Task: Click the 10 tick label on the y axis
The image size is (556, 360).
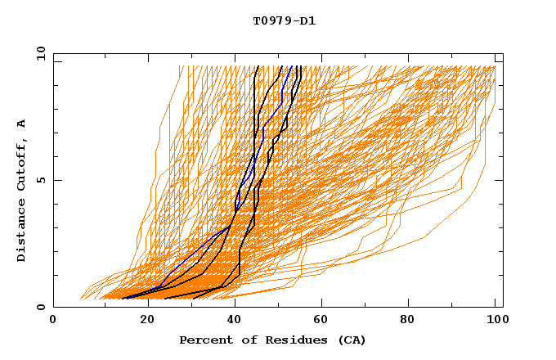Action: (40, 53)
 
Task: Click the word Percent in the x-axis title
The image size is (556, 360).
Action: (203, 340)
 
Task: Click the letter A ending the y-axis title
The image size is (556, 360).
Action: (22, 124)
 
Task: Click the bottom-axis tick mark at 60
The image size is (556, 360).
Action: (319, 304)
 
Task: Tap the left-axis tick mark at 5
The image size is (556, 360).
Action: (56, 180)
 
